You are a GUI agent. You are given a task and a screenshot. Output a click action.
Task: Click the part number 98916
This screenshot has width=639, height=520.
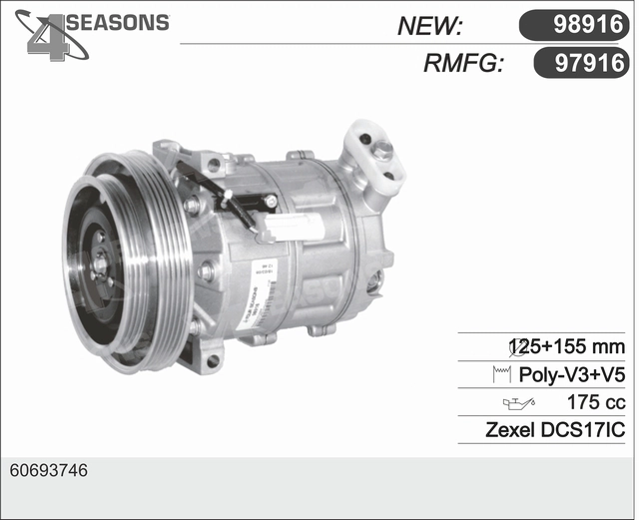[588, 24]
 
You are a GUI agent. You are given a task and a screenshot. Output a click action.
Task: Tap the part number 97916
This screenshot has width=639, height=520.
[590, 63]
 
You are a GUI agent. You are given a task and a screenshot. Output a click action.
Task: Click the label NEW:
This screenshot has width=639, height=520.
[429, 26]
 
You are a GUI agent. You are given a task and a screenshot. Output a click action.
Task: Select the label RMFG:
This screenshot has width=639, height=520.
[462, 64]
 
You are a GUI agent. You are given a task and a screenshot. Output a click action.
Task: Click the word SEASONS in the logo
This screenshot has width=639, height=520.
[118, 22]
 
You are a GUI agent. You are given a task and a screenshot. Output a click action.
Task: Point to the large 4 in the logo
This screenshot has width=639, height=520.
[48, 38]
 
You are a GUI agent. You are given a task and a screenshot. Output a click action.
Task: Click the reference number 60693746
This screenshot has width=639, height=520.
[49, 471]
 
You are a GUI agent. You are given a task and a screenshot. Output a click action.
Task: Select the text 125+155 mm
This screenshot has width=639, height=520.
[568, 346]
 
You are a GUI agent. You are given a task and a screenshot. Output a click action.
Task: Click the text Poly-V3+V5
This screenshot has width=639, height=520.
[571, 374]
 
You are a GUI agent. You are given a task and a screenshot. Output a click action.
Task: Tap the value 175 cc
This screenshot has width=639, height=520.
[596, 402]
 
